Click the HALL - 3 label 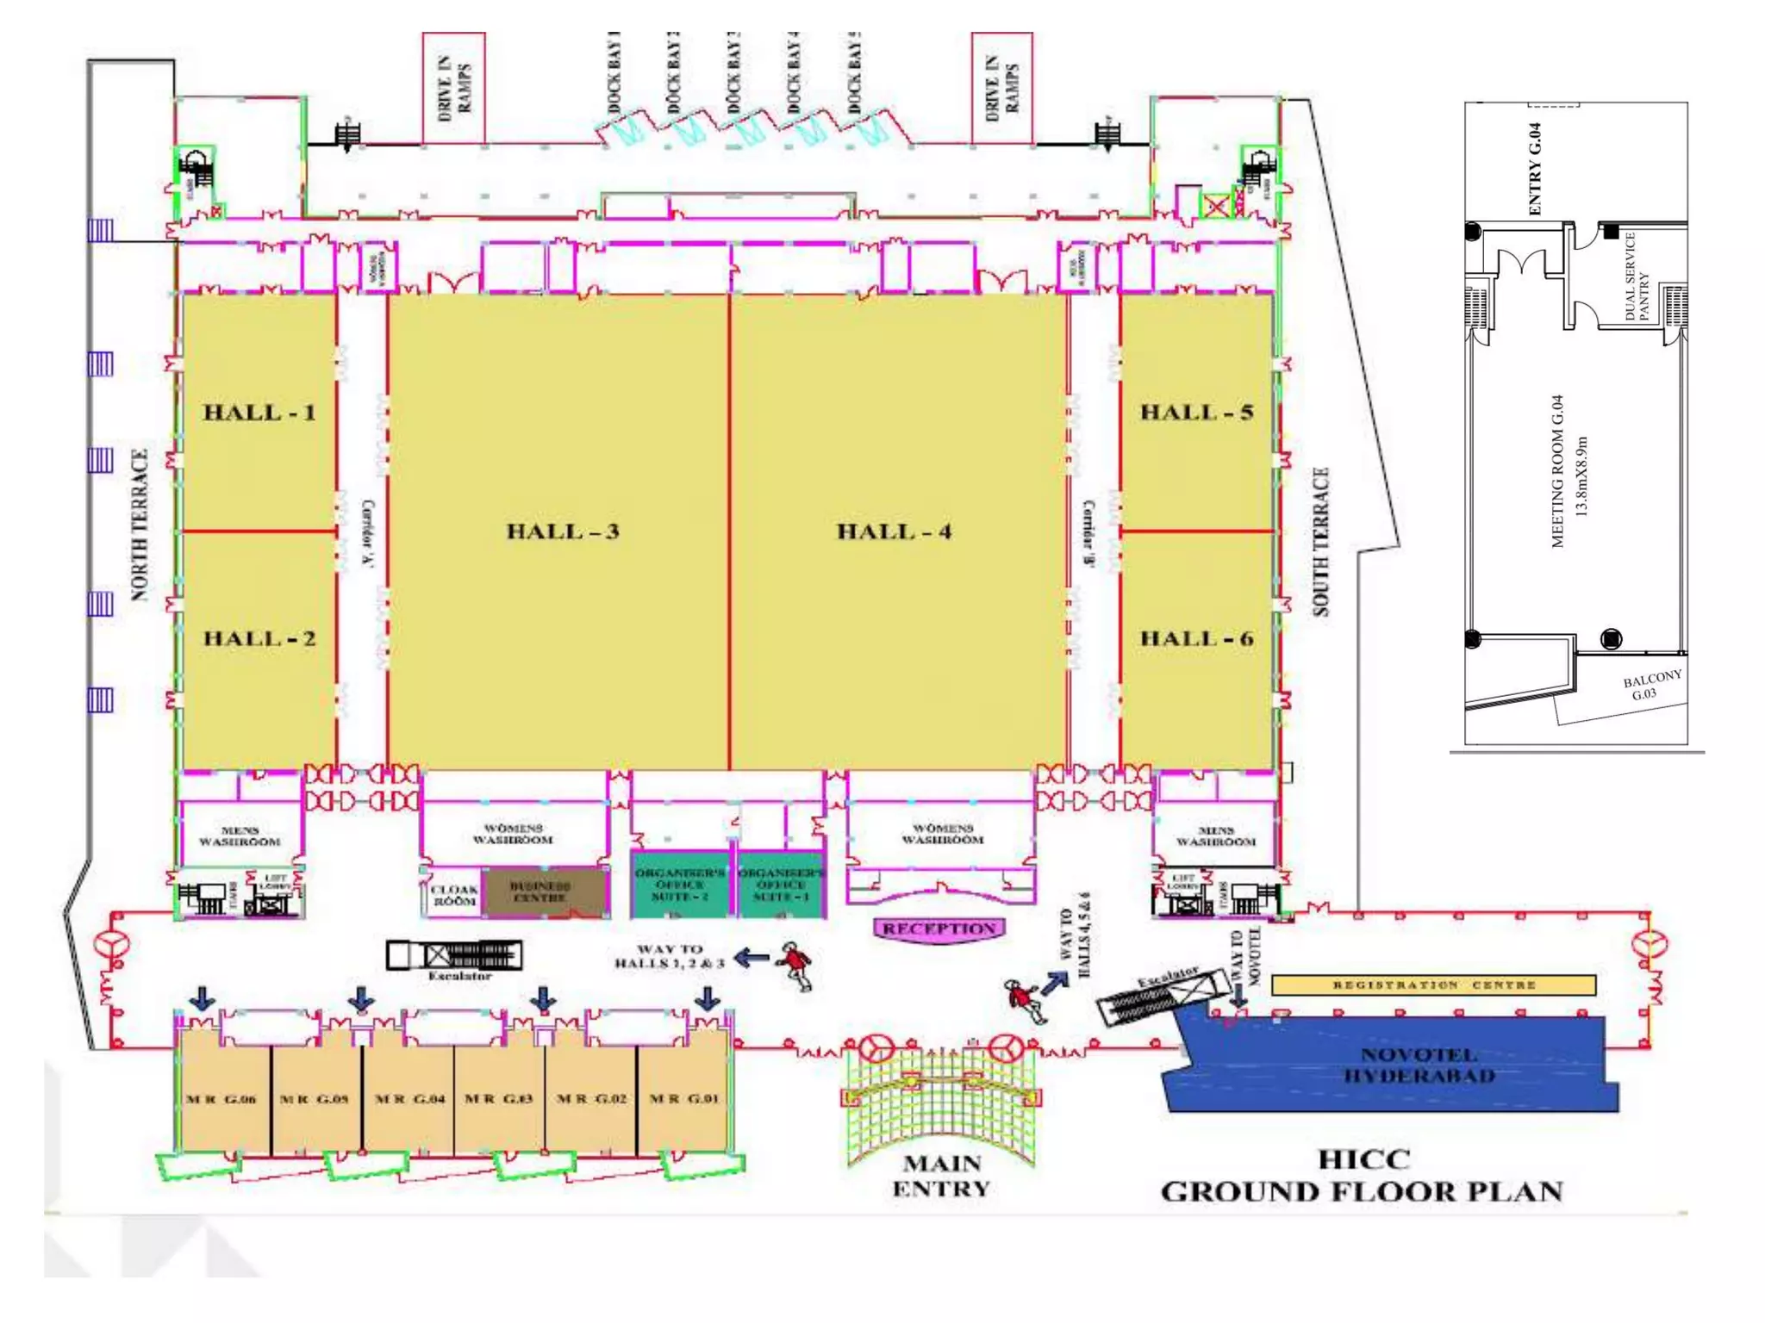pos(563,531)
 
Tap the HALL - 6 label pos(1196,638)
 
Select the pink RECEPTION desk pos(939,929)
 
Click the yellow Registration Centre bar pos(1433,984)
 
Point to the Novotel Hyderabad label pos(1419,1065)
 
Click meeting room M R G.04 pos(409,1099)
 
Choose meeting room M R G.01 pos(683,1099)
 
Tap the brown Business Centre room pos(540,891)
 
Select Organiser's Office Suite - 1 pos(781,885)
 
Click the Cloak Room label pos(454,895)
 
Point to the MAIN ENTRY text pos(941,1176)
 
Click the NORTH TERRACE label pos(140,525)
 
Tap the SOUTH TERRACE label pos(1321,542)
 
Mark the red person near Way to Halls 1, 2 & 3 pos(795,965)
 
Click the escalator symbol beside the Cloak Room pos(454,955)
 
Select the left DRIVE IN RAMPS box pos(453,88)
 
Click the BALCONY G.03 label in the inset pos(1650,686)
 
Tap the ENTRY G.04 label pos(1535,169)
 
